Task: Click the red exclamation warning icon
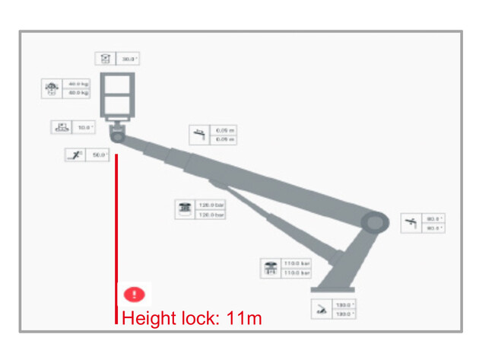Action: pyautogui.click(x=134, y=294)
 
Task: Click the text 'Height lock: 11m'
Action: pyautogui.click(x=191, y=318)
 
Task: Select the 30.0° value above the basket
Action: pyautogui.click(x=128, y=59)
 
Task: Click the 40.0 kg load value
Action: pyautogui.click(x=78, y=84)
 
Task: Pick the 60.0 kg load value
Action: pyautogui.click(x=78, y=93)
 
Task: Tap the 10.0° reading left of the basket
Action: pyautogui.click(x=84, y=127)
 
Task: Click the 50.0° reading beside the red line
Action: pyautogui.click(x=98, y=155)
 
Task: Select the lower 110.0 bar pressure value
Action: pyautogui.click(x=296, y=272)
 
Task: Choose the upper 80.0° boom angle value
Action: pyautogui.click(x=433, y=219)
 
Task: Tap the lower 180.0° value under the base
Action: pyautogui.click(x=341, y=314)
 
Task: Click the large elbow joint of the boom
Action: pyautogui.click(x=375, y=223)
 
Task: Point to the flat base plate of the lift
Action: pyautogui.click(x=332, y=290)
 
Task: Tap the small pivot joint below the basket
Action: pyautogui.click(x=118, y=138)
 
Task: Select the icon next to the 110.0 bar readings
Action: pyautogui.click(x=270, y=268)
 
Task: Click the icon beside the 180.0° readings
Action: pyautogui.click(x=322, y=309)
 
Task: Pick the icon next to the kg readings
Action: pyautogui.click(x=52, y=88)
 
